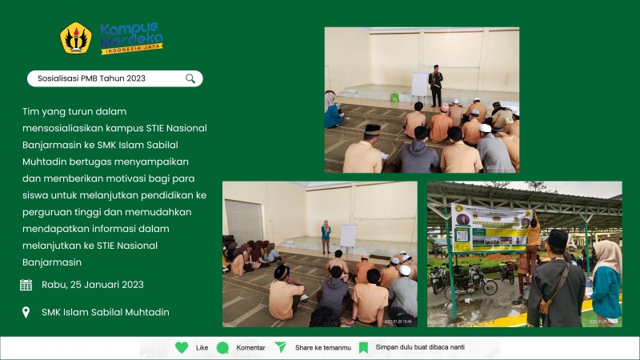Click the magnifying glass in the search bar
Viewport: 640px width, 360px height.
[190, 78]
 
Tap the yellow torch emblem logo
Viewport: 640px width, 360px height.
[76, 38]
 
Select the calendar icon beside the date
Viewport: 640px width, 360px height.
[26, 285]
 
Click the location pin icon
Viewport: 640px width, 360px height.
[26, 312]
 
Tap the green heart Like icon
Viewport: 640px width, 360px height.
[182, 347]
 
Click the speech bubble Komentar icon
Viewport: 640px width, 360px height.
[222, 347]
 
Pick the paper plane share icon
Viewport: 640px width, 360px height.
[281, 347]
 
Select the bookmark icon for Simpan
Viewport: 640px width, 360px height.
[363, 347]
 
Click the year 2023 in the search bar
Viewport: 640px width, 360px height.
[135, 78]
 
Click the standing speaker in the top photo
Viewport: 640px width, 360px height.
[436, 86]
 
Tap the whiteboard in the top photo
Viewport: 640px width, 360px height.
[419, 83]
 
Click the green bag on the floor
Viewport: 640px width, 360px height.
[394, 97]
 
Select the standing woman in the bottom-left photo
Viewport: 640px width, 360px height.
[326, 236]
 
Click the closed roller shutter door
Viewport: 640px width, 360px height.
[243, 221]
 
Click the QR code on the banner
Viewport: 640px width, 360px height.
[462, 235]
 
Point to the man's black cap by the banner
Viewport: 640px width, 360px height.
[558, 238]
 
